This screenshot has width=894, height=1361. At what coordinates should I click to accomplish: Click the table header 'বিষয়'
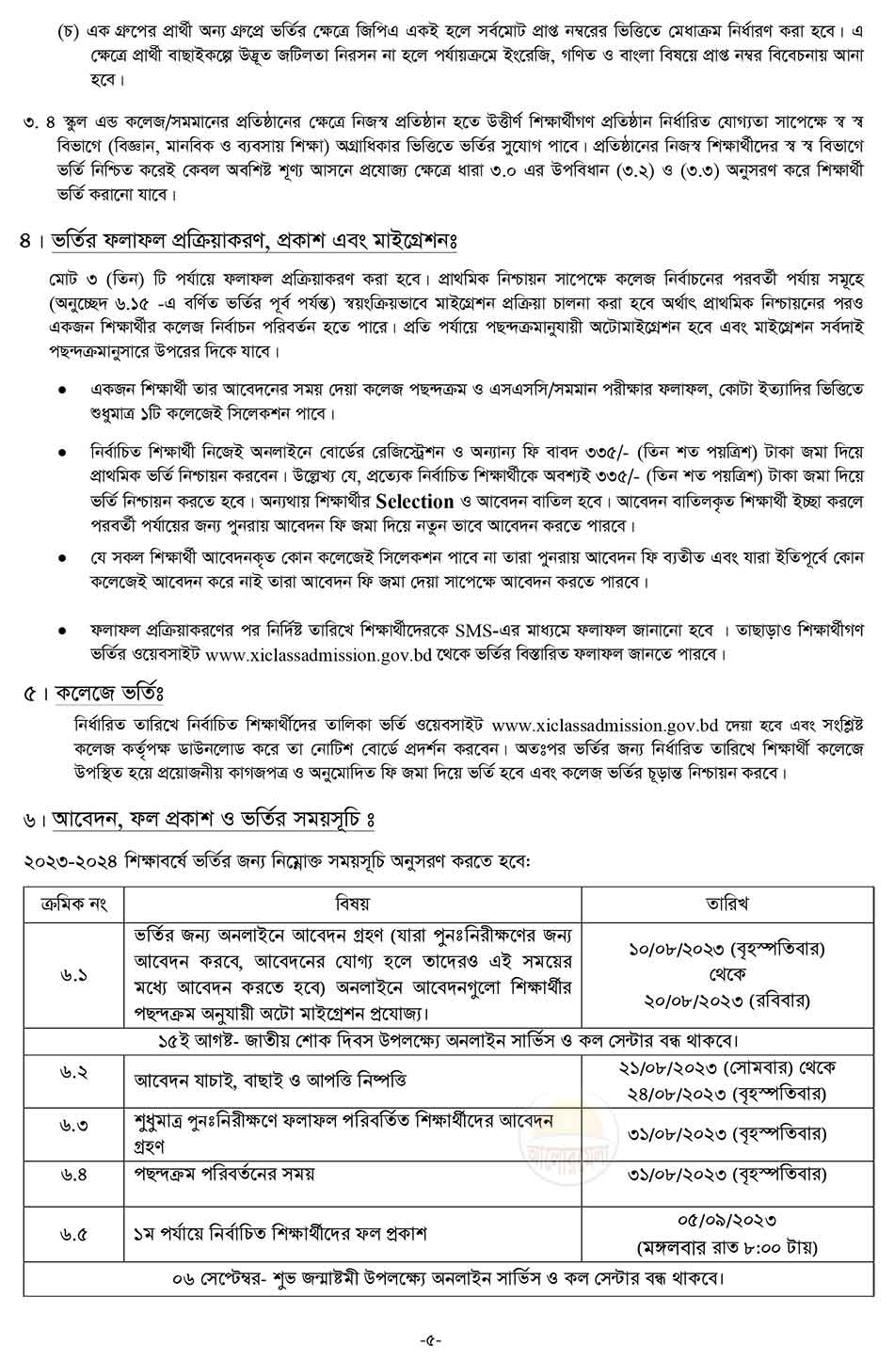pos(352,904)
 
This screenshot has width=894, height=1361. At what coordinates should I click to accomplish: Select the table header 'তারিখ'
pos(726,904)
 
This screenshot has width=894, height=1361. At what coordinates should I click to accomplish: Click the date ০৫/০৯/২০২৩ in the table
pos(726,1221)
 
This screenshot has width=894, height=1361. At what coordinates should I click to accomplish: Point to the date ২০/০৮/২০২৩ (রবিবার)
pos(726,1000)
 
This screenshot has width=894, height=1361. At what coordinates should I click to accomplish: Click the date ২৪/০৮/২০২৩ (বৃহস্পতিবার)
pos(726,1093)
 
